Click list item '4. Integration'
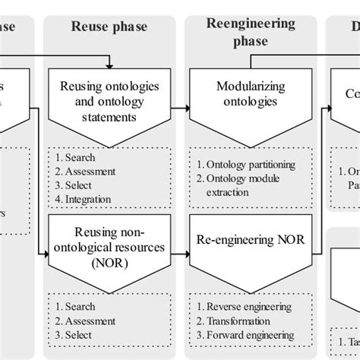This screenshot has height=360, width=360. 84,200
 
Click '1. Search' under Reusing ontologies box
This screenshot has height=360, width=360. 75,158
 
